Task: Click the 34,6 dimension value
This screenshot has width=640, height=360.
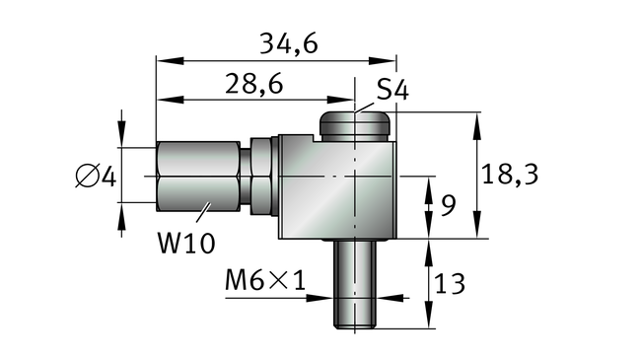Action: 289,43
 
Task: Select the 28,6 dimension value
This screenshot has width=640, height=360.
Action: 253,84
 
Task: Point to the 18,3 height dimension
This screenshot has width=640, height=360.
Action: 510,174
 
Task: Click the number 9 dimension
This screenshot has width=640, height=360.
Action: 448,205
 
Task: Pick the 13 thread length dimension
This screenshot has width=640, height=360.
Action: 450,284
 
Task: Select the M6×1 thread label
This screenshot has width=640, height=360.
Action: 265,280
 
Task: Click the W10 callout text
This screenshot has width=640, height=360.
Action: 186,244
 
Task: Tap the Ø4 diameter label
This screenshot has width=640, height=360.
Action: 97,177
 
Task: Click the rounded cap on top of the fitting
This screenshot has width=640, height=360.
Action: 354,126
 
